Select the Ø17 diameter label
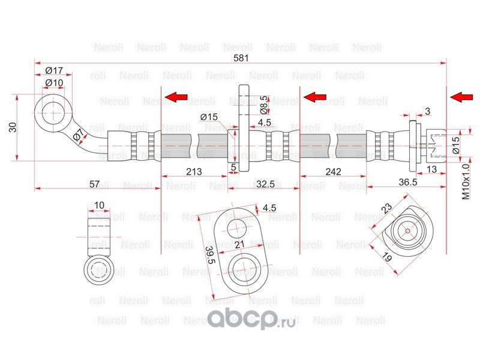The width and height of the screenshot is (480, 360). (x=55, y=71)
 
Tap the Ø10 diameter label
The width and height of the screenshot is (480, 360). (x=55, y=83)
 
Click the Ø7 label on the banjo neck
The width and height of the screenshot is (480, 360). (x=79, y=137)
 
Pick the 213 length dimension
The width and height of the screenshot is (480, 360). (x=194, y=172)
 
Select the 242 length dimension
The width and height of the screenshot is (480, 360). (x=333, y=172)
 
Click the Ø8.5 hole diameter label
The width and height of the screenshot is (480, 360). (x=263, y=105)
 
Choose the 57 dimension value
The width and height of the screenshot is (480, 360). (x=94, y=184)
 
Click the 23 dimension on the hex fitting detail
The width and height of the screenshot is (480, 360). (x=386, y=208)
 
